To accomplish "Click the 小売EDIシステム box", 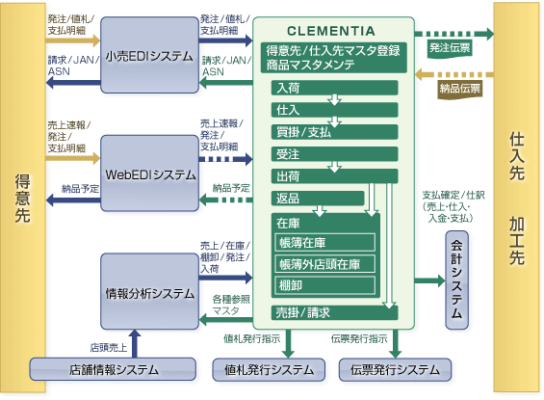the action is (149, 55).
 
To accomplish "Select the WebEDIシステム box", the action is (149, 173).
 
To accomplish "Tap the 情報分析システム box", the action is (149, 291).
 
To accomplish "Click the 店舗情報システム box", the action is (113, 369).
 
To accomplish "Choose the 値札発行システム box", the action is (269, 369).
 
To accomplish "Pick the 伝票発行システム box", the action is (395, 369).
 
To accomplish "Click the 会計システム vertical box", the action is (456, 280).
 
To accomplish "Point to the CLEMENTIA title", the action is (331, 31).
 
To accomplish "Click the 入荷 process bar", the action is (334, 88).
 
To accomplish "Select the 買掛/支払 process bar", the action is (334, 132).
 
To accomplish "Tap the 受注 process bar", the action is (334, 154).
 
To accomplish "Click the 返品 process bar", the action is (318, 199).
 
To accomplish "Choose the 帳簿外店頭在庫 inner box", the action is (325, 264).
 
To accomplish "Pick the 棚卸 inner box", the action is (325, 285).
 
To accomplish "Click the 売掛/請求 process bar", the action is (334, 312).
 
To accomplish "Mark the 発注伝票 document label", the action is (450, 48).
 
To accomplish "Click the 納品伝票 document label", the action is (459, 89).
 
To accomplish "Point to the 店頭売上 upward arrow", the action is (135, 343).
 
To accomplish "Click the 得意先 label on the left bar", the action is (22, 198).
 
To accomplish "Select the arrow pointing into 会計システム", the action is (429, 280).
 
